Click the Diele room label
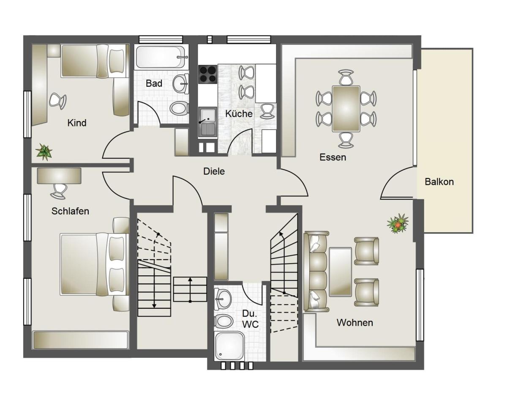(x=214, y=171)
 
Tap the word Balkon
(x=439, y=182)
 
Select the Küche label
(x=239, y=114)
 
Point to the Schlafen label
(x=70, y=211)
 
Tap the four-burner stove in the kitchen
(x=207, y=74)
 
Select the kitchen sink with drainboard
(x=207, y=122)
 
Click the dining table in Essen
(x=346, y=109)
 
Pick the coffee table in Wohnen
(x=340, y=272)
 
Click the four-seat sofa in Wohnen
(x=316, y=272)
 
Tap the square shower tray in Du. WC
(x=229, y=346)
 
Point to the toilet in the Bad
(x=179, y=109)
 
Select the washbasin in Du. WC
(x=223, y=299)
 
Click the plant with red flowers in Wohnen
(x=398, y=223)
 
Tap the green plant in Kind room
(x=44, y=151)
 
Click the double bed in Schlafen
(x=95, y=264)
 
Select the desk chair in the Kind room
(x=58, y=101)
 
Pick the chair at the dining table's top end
(x=346, y=77)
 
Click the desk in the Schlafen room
(x=59, y=176)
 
